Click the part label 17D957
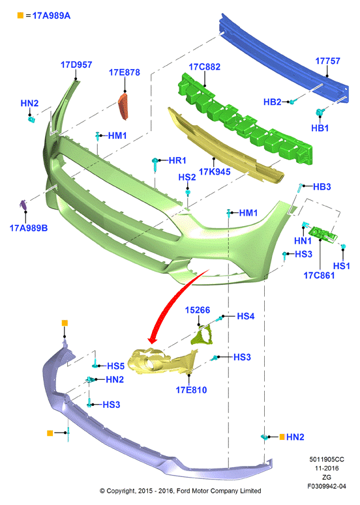[x=76, y=65]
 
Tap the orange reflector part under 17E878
[x=124, y=106]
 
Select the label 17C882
[x=205, y=67]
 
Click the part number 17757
[x=327, y=61]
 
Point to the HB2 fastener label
[x=273, y=102]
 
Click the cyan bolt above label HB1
[x=320, y=113]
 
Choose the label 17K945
[x=215, y=171]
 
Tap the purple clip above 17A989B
[x=23, y=205]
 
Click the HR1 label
[x=177, y=160]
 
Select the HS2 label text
[x=187, y=177]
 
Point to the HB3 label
[x=322, y=187]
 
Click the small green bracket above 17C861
[x=323, y=233]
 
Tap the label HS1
[x=341, y=266]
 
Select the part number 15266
[x=197, y=310]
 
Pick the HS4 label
[x=246, y=316]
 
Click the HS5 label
[x=115, y=366]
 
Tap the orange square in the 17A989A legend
[x=20, y=15]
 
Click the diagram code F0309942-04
[x=327, y=486]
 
